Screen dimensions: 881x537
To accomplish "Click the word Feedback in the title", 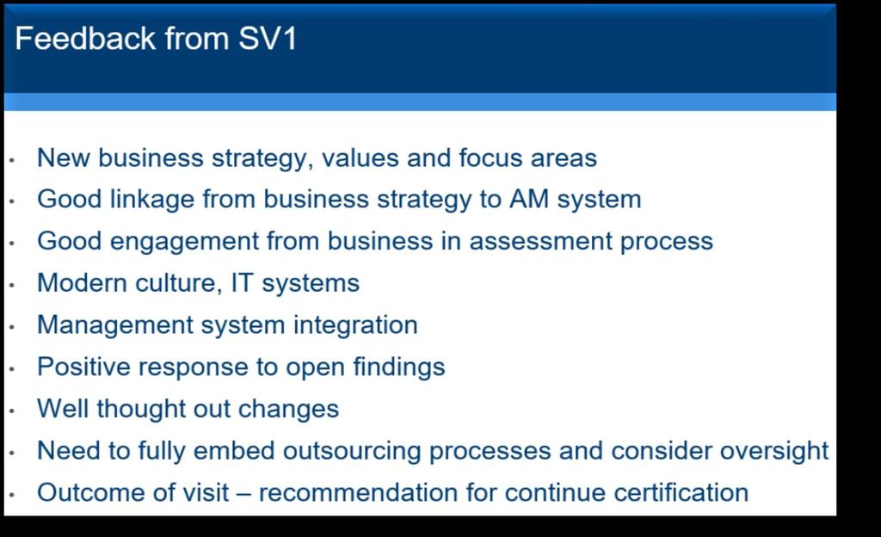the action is [85, 38].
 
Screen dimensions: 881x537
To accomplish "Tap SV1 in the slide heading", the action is [268, 38].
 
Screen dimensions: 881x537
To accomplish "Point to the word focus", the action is [490, 157].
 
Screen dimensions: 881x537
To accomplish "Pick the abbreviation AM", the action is [529, 199].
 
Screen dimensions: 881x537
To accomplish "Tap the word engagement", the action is [184, 242].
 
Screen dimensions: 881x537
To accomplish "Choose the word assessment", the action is [540, 242].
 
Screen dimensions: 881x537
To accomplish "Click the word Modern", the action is [82, 282].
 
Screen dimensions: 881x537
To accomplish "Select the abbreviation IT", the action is [242, 282].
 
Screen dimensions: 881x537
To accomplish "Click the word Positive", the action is [83, 367].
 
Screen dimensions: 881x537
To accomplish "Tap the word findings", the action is [399, 367].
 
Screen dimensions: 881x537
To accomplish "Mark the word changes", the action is [288, 410].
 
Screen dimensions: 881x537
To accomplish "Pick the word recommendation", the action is [358, 492].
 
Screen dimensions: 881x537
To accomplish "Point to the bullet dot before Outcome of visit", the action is [11, 495].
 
